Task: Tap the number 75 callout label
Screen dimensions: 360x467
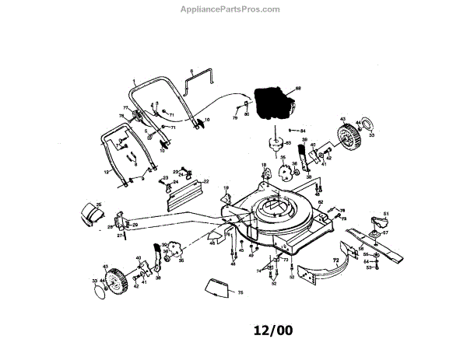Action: coord(241,292)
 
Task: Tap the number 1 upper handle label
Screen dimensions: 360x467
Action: coord(134,81)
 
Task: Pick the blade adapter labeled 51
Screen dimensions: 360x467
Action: coord(381,223)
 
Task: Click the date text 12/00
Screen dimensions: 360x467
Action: coord(273,330)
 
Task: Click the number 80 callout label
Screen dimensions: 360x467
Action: coord(246,114)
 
